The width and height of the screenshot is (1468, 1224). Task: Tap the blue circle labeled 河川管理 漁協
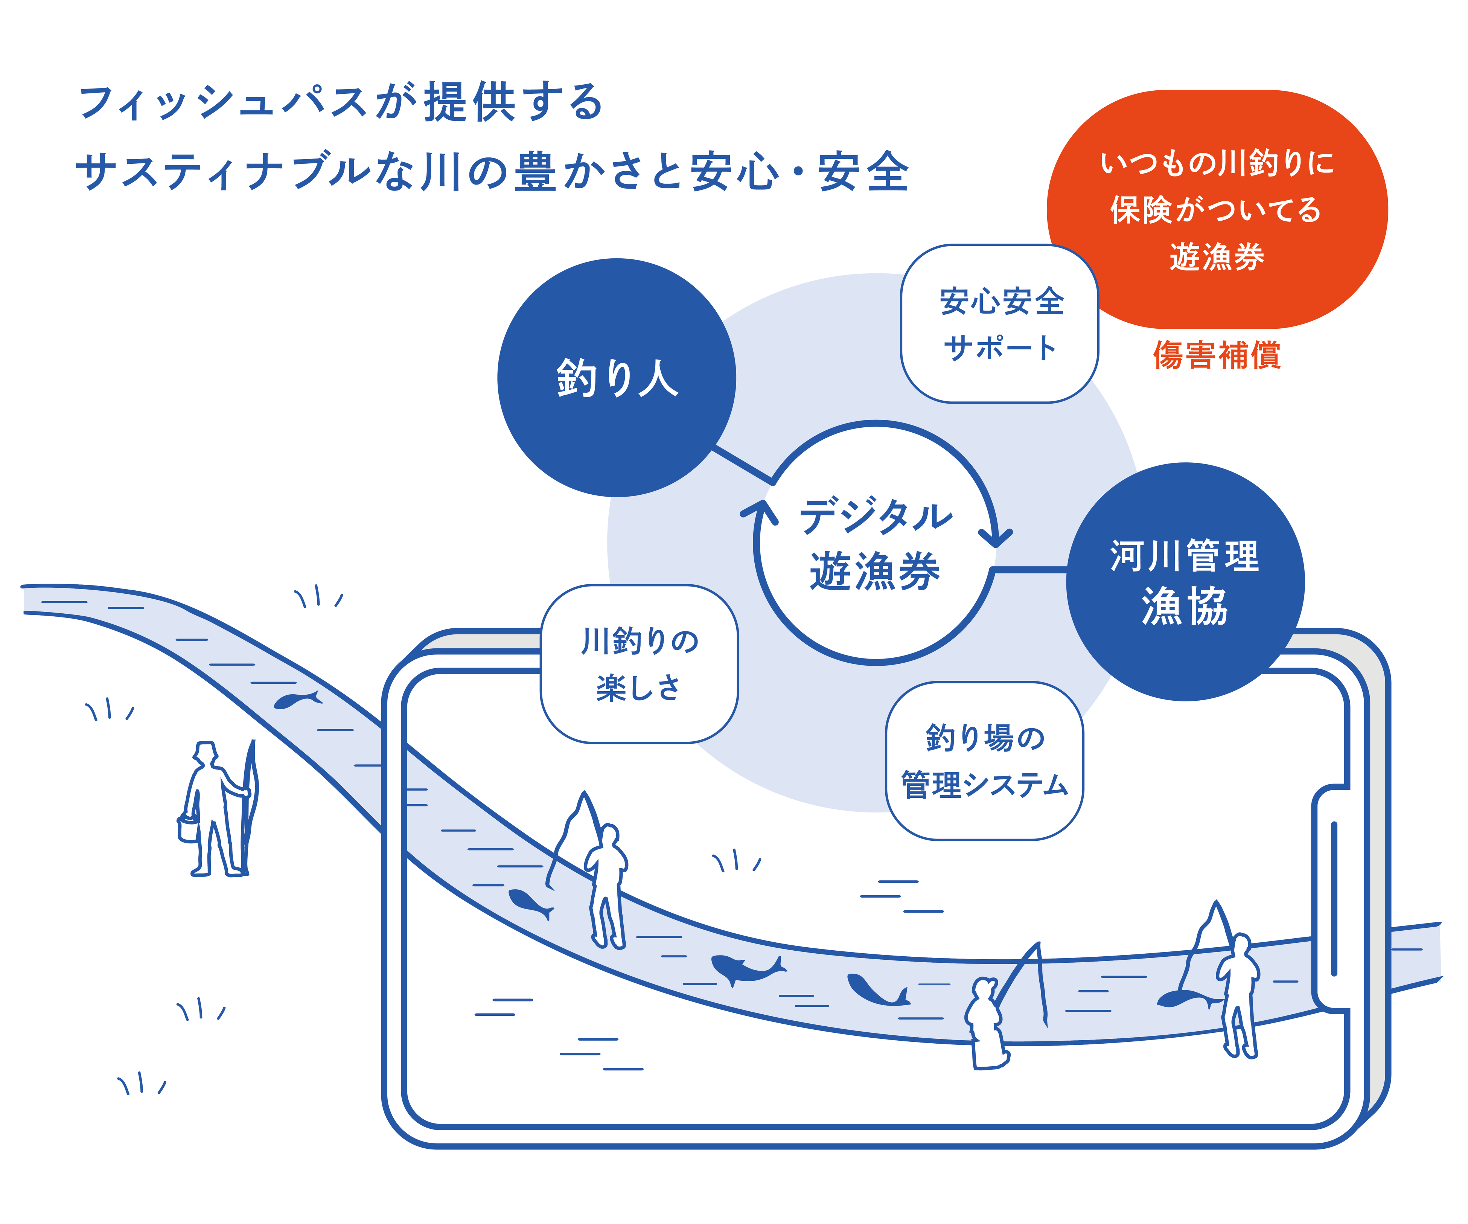(1185, 582)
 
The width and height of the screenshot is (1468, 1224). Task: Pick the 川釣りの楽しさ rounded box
(639, 664)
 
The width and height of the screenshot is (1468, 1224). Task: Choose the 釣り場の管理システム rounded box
(984, 761)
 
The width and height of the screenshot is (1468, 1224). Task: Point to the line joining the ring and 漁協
(1030, 570)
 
